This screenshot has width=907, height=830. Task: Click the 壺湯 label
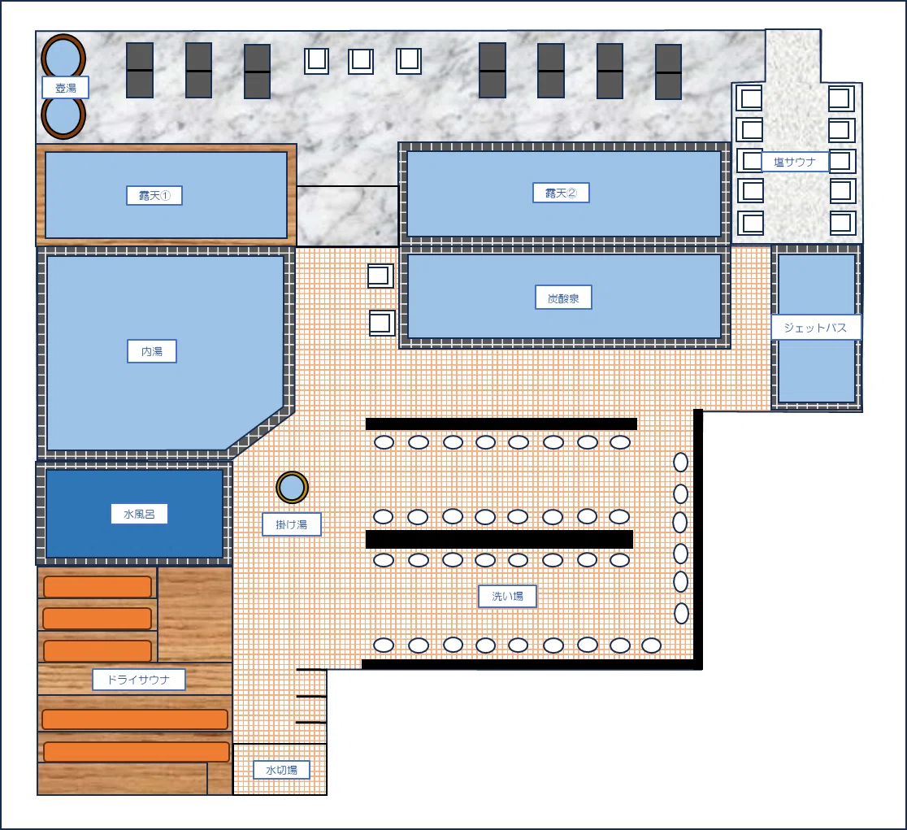[65, 88]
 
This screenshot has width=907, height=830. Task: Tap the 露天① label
[154, 195]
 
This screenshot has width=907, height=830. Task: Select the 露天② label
[561, 193]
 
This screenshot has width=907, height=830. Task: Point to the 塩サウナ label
[795, 162]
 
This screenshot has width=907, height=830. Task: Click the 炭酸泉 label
[563, 298]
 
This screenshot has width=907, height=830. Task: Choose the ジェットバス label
[816, 328]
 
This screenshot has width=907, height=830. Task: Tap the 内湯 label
[151, 351]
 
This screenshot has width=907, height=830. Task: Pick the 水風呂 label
[140, 514]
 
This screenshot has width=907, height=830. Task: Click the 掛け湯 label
[292, 524]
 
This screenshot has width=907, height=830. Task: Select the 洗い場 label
[507, 596]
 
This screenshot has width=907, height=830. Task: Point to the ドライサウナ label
[139, 680]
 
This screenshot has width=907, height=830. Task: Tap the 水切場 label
[282, 770]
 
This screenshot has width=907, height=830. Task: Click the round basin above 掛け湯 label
[292, 488]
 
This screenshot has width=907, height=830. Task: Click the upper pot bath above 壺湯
[63, 57]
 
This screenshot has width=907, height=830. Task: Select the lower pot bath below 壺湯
[63, 118]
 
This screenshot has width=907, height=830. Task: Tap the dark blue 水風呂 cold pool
[134, 514]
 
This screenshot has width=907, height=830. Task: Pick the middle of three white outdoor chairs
[360, 61]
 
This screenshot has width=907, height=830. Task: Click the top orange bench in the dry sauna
[98, 586]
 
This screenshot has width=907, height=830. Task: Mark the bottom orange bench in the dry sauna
[137, 752]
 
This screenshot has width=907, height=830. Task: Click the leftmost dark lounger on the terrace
[140, 70]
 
